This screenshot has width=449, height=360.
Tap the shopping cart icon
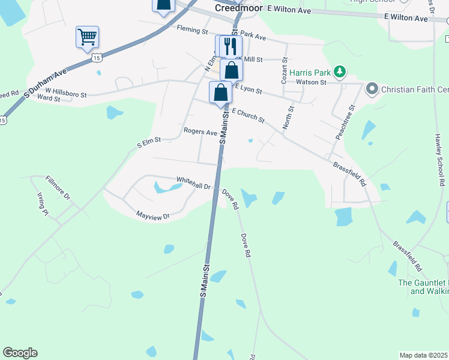(x=87, y=37)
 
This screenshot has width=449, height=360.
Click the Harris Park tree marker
(x=340, y=72)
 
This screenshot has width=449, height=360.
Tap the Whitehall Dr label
(x=193, y=180)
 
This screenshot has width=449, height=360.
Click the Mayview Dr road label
(x=153, y=214)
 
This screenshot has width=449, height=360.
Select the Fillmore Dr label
(x=58, y=188)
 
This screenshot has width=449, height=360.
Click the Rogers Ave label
(x=200, y=131)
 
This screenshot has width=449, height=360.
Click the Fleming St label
(x=192, y=31)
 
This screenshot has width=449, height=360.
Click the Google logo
(x=20, y=353)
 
